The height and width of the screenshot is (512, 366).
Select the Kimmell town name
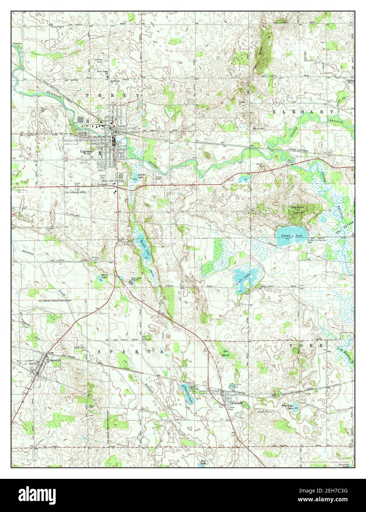[236, 403]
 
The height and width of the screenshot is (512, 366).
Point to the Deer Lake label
[202, 462]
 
